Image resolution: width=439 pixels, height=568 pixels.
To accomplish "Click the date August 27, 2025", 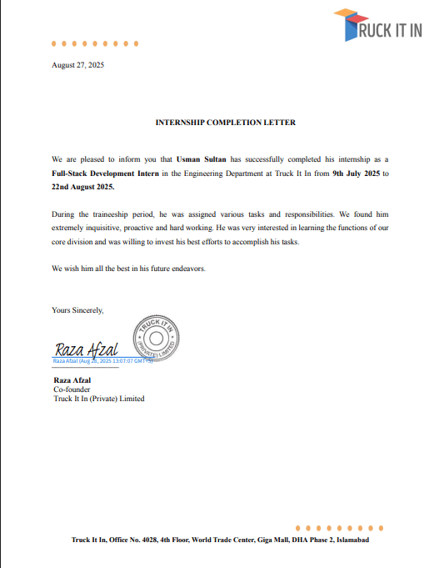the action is pos(78,64).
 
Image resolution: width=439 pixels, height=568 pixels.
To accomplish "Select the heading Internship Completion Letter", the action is pos(226,123).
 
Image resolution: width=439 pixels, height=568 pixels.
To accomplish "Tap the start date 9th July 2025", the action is pos(356,173).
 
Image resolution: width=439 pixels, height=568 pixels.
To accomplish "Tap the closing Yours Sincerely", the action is pos(77,309).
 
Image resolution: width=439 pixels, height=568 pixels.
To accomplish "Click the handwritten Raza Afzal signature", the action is pos(87,349).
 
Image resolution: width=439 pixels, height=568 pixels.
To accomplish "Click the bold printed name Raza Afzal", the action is pos(72,380).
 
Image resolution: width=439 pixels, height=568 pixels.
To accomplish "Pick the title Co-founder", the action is pos(72,390).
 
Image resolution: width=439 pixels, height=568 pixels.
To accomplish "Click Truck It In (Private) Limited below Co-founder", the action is pos(98,399).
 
